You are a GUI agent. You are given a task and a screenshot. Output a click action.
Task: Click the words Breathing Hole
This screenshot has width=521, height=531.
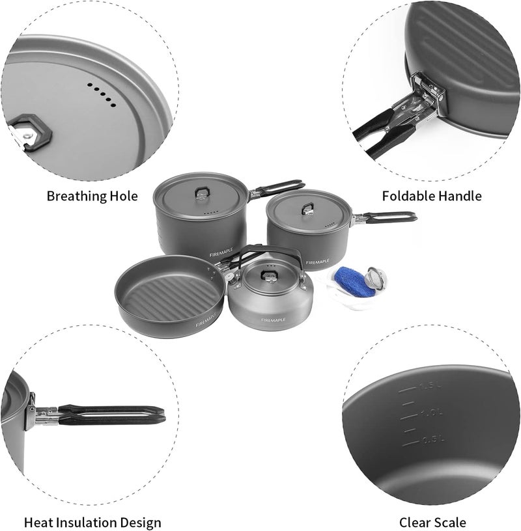pos(92,196)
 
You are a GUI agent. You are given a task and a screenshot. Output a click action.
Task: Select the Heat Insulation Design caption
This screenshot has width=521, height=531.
pos(92,522)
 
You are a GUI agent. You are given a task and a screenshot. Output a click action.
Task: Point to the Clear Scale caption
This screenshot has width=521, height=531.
pos(432,522)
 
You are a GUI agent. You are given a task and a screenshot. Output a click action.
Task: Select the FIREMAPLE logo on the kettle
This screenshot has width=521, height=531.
pos(273,320)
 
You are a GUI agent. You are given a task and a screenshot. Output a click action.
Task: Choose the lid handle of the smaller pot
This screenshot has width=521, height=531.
pos(306,208)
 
